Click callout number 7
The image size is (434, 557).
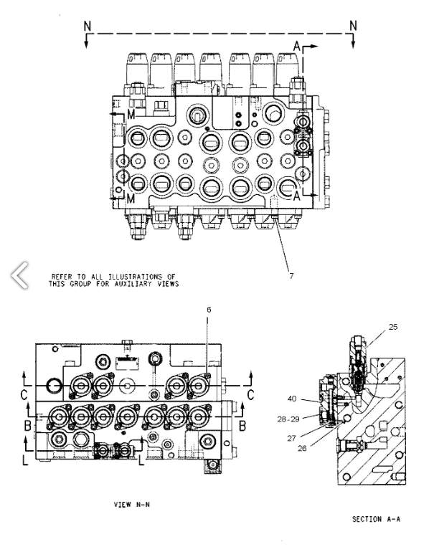tap(291, 276)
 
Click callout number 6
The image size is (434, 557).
tap(209, 310)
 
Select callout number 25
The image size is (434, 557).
tap(393, 327)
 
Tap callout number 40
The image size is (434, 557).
tap(292, 399)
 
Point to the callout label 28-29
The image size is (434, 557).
tap(288, 419)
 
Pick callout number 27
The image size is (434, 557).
tap(291, 438)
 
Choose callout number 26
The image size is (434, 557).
tap(302, 448)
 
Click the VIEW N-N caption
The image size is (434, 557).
tap(132, 505)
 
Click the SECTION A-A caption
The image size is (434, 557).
tap(376, 519)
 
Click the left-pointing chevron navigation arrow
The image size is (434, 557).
tap(19, 275)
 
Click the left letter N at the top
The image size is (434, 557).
tap(88, 26)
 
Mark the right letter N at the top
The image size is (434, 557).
tap(353, 26)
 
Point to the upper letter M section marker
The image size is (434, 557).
tap(131, 115)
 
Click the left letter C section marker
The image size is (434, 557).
tap(24, 395)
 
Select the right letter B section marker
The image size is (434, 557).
tap(242, 426)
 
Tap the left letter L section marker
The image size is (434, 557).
tap(25, 460)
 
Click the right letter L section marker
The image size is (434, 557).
tap(141, 460)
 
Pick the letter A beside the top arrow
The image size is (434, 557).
tap(297, 46)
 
